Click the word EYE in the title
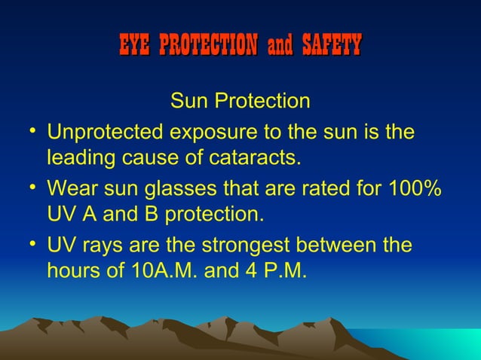click(x=136, y=45)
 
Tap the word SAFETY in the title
click(x=331, y=45)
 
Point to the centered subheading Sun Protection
click(x=240, y=101)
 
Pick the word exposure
click(x=205, y=133)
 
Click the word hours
click(x=74, y=271)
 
